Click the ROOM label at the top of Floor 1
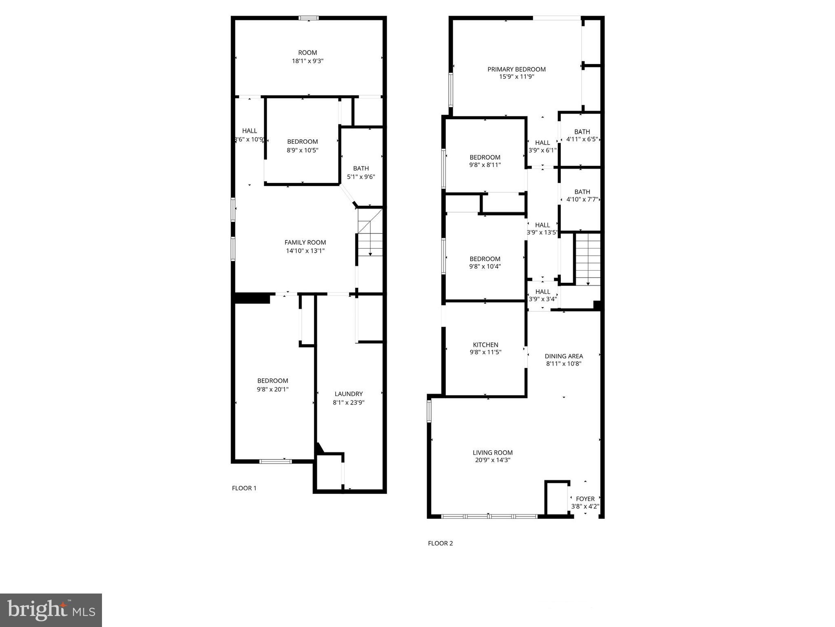[x=308, y=53]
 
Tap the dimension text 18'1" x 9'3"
[x=308, y=61]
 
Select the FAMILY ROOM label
[x=305, y=242]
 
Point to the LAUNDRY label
[x=348, y=394]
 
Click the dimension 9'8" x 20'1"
[x=272, y=389]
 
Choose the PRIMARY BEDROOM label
[x=516, y=69]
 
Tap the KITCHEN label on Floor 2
[x=485, y=345]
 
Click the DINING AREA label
[x=564, y=356]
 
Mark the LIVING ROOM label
[x=492, y=453]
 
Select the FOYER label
[x=585, y=499]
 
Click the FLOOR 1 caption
[x=244, y=488]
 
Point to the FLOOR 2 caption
[x=440, y=543]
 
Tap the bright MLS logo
[x=51, y=610]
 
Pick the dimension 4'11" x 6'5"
[x=582, y=139]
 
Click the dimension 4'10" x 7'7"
[x=582, y=200]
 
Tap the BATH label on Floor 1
[x=361, y=168]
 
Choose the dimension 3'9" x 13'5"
[x=542, y=233]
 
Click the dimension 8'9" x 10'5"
[x=302, y=150]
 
